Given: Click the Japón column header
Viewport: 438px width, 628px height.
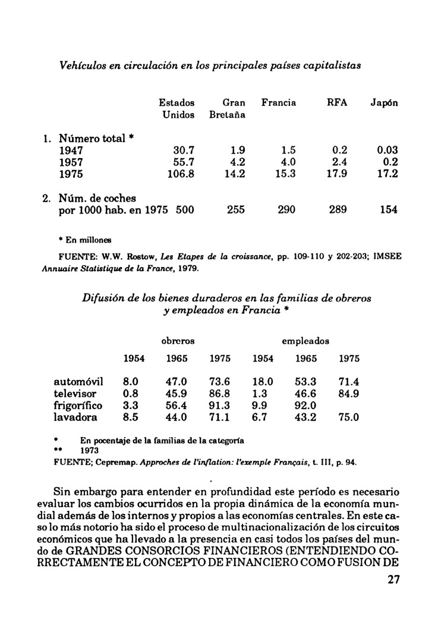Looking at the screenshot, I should (384, 103).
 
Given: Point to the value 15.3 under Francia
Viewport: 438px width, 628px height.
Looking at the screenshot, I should (285, 175).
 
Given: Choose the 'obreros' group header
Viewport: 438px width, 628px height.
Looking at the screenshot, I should (178, 341).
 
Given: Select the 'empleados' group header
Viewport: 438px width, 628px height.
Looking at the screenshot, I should (305, 341).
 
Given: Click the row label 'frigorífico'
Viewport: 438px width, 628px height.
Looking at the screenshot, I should (78, 406).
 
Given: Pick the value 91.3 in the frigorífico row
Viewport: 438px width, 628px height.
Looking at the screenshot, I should (220, 406).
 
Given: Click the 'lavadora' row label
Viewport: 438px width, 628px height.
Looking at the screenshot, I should (75, 417).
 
